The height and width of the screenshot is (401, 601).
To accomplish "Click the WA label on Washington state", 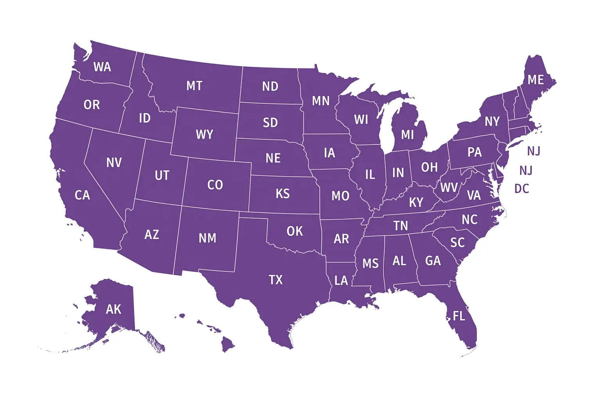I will (x=102, y=67).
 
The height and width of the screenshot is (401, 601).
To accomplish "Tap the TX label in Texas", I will (x=275, y=280).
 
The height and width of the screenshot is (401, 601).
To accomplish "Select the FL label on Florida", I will (x=459, y=316).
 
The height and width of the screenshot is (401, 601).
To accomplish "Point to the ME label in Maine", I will (x=535, y=80).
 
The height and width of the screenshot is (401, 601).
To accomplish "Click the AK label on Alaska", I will (x=113, y=309).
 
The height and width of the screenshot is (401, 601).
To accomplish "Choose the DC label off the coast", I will (x=522, y=189).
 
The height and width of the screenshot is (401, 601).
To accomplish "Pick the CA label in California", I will (x=82, y=195).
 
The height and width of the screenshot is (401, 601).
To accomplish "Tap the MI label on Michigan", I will (x=407, y=135).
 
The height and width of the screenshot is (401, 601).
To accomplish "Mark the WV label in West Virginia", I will (x=448, y=188).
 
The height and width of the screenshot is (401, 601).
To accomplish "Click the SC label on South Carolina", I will (x=457, y=243).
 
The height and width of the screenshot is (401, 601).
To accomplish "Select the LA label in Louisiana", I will (x=341, y=280).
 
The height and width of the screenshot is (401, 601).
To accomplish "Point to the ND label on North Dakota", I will (x=270, y=87).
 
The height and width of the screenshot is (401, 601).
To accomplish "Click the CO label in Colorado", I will (x=215, y=185).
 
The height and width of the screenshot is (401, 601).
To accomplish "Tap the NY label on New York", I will (x=492, y=121).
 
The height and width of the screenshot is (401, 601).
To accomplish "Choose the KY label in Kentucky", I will (x=416, y=202).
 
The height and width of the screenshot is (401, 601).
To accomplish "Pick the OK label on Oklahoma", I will (x=295, y=231).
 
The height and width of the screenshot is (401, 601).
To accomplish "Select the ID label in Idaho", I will (x=145, y=118).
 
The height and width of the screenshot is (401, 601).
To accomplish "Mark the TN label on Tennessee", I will (x=401, y=226).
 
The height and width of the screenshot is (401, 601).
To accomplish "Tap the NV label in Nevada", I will (x=114, y=163).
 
